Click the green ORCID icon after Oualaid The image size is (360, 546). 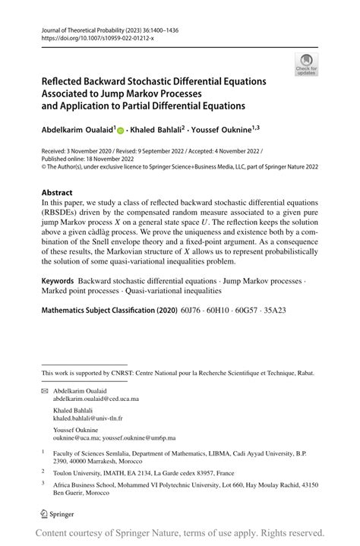pyautogui.click(x=120, y=131)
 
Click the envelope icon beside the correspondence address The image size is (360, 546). pyautogui.click(x=44, y=390)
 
